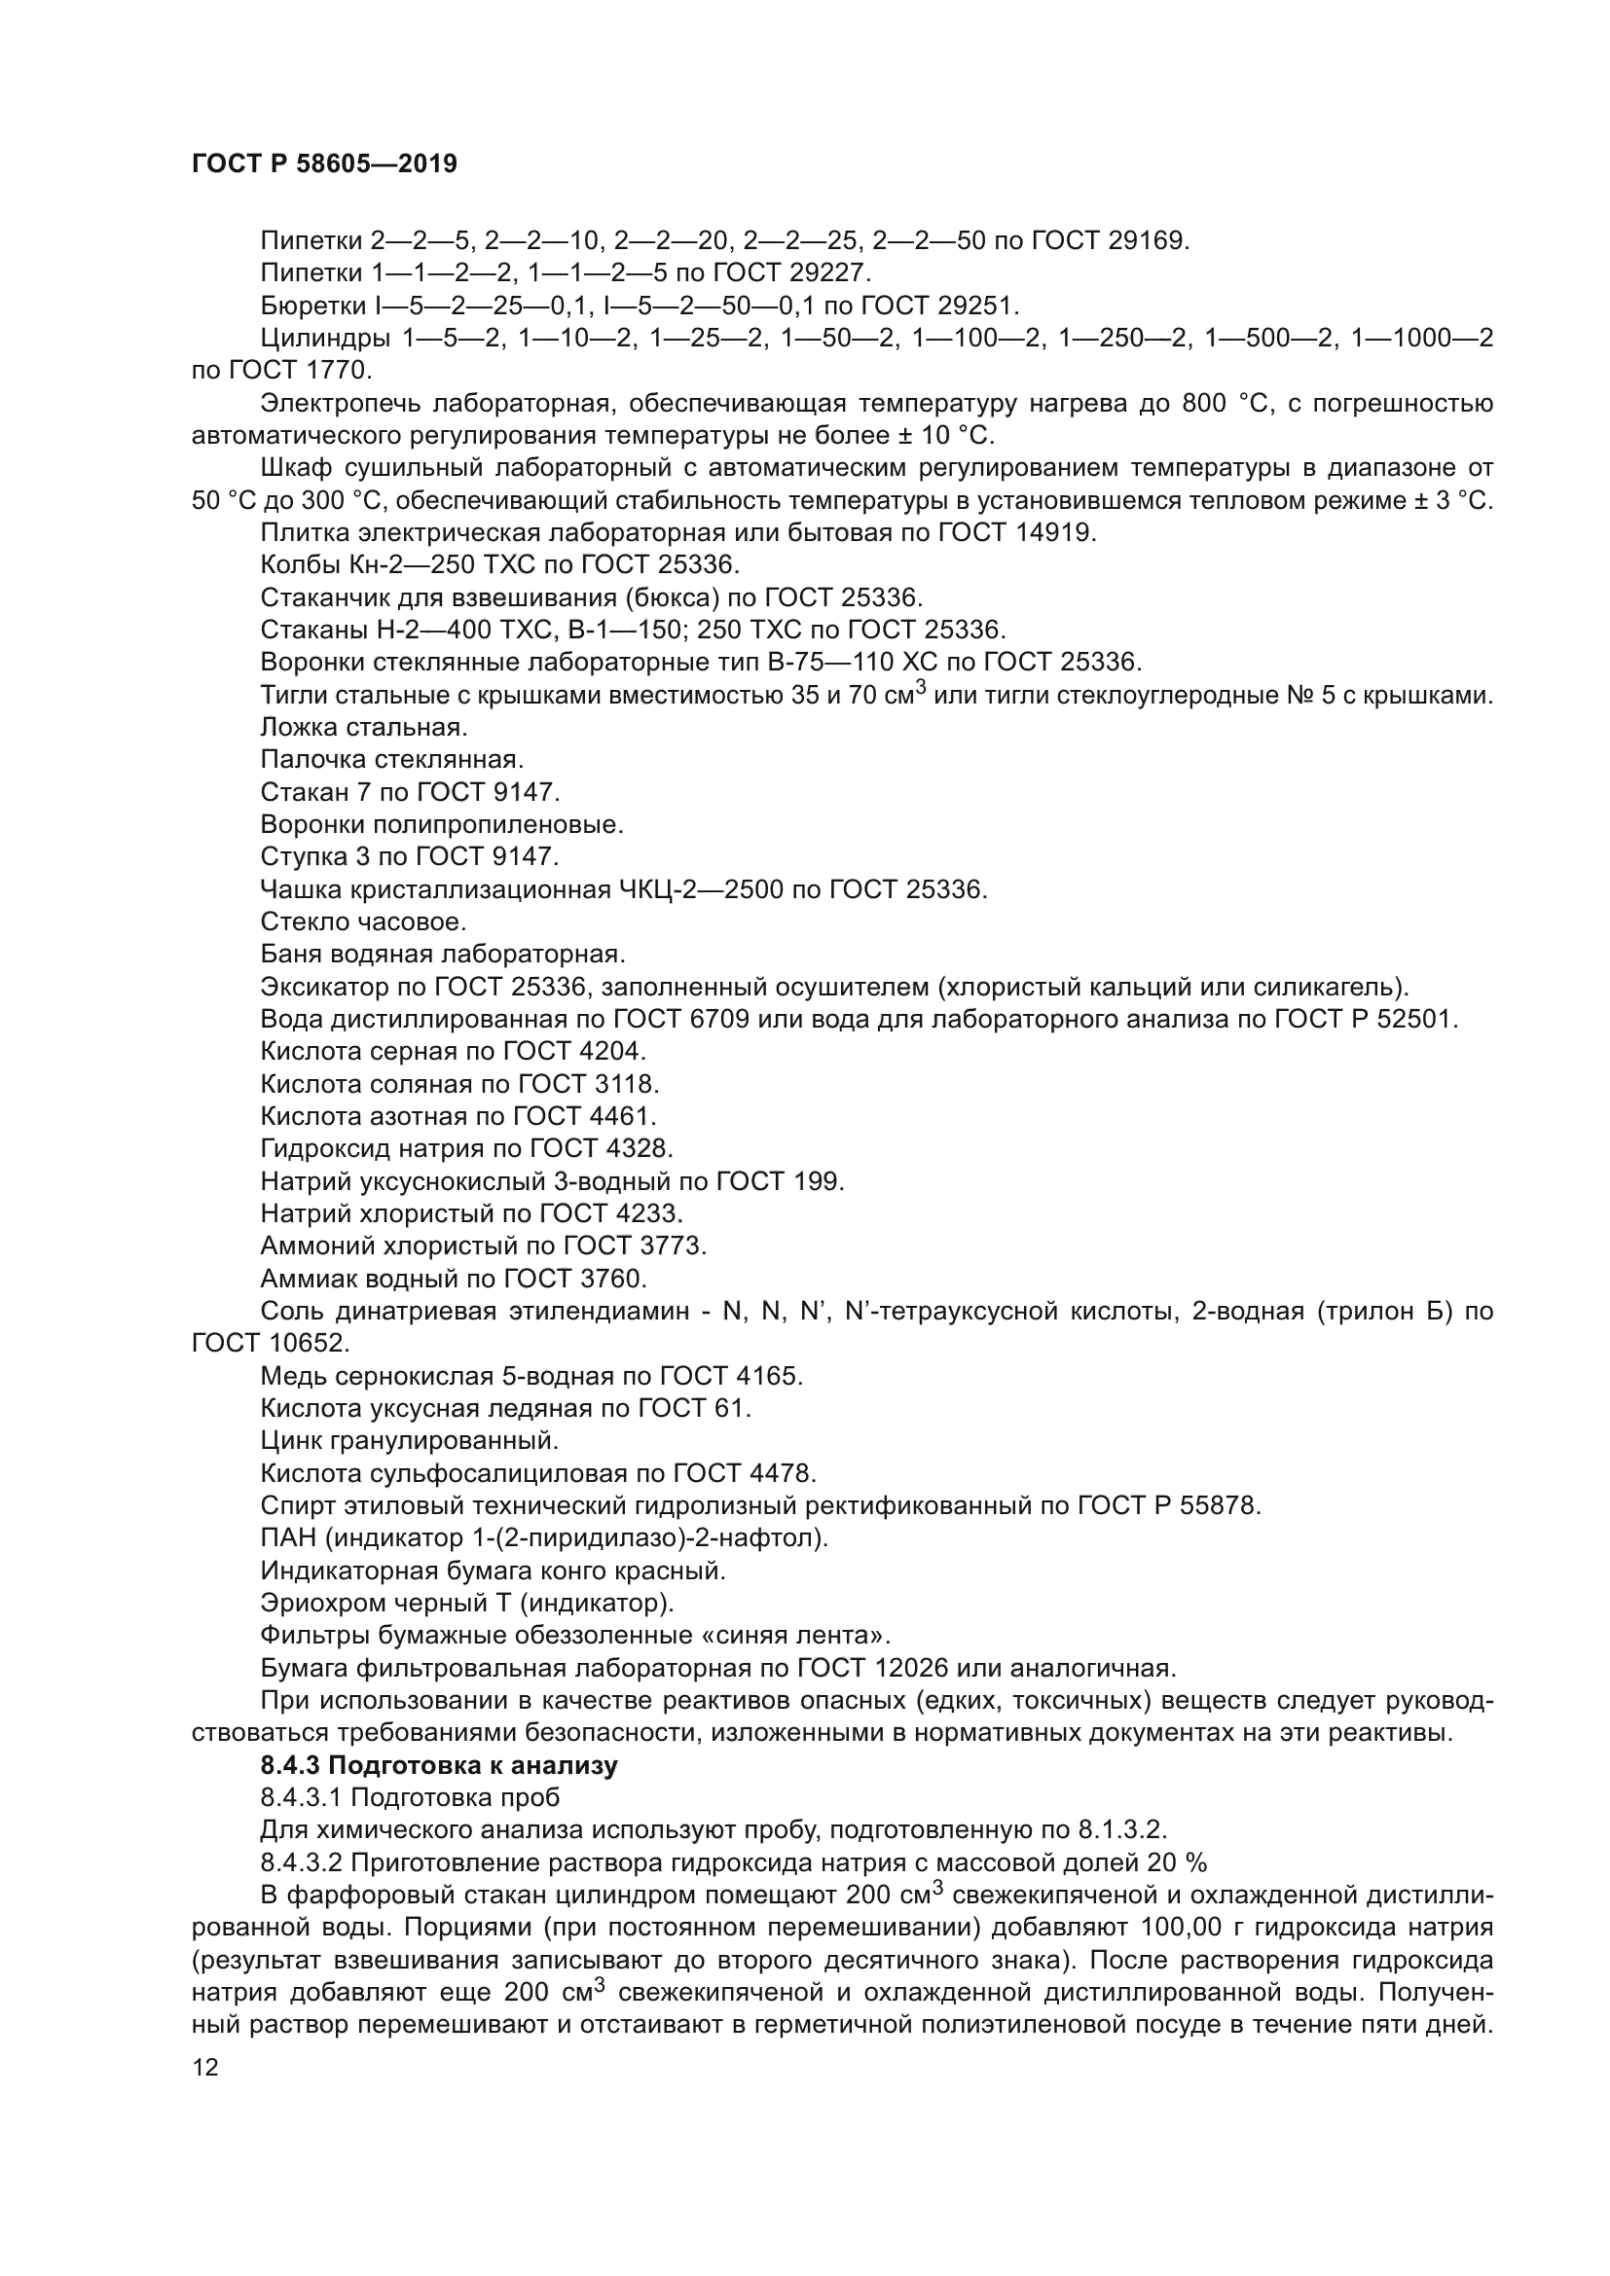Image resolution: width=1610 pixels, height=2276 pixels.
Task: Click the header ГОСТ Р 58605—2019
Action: [324, 164]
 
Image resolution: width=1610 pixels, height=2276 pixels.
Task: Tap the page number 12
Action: [205, 2068]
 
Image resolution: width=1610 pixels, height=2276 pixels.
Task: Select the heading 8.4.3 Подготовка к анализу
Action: [438, 1765]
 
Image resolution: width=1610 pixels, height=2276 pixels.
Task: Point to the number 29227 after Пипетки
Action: [829, 272]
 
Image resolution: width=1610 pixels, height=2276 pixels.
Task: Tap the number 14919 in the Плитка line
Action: [1055, 533]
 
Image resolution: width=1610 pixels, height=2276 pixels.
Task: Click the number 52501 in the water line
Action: [1416, 1020]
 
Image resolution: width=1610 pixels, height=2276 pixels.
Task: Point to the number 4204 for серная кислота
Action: [618, 1052]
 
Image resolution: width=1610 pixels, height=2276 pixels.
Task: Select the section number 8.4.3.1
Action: [302, 1798]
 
